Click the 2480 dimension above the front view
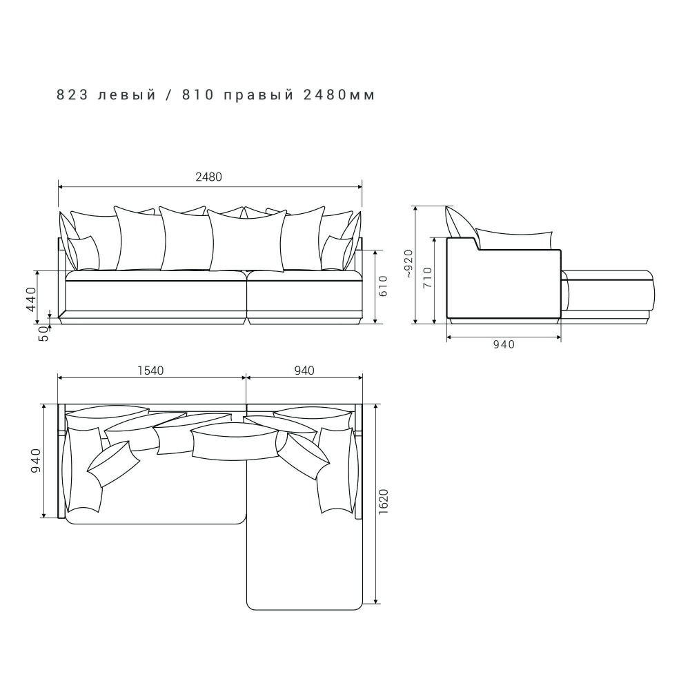[208, 177]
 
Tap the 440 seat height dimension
[32, 299]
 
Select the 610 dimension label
[383, 286]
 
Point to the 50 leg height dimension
[44, 333]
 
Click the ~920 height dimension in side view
[408, 264]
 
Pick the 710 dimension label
[427, 277]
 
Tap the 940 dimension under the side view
[504, 344]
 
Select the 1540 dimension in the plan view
[150, 371]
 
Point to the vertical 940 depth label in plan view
[36, 461]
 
